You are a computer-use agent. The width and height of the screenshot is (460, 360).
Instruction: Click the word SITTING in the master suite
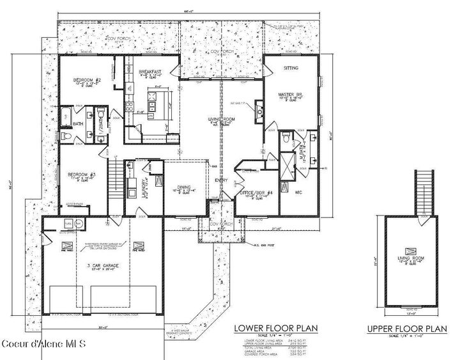click(291, 67)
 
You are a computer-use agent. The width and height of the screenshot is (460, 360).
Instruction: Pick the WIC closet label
click(298, 191)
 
